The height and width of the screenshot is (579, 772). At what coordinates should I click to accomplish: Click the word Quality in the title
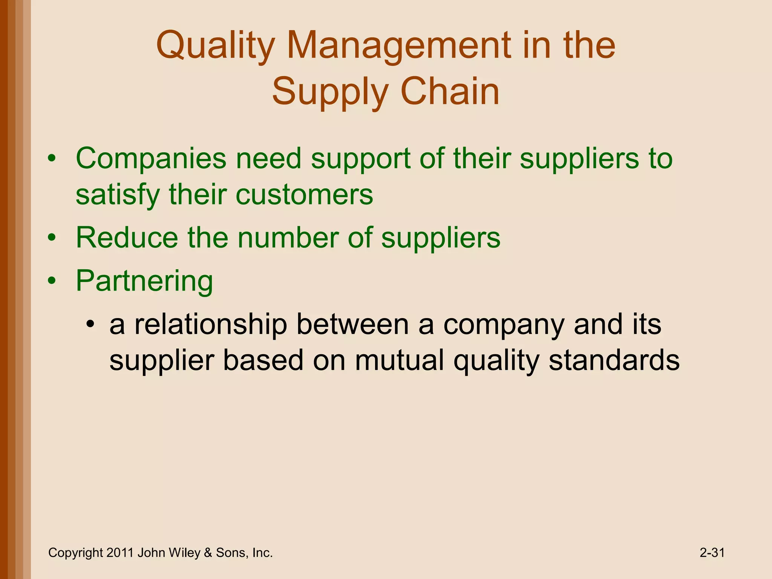[215, 46]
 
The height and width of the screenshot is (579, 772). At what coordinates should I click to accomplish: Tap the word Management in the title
[399, 46]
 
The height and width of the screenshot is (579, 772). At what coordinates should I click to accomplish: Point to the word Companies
[151, 159]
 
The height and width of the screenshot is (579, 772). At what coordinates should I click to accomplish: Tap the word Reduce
[127, 238]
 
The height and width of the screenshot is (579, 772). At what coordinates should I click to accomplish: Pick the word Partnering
[144, 282]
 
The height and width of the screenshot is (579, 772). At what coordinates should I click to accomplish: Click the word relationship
[211, 325]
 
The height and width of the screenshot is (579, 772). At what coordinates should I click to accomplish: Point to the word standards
[614, 360]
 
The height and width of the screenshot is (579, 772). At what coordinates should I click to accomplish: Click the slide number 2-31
[712, 553]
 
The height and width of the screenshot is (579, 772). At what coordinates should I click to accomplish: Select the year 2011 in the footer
[120, 553]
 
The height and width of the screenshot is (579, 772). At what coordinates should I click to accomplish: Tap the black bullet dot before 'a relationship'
[90, 325]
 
